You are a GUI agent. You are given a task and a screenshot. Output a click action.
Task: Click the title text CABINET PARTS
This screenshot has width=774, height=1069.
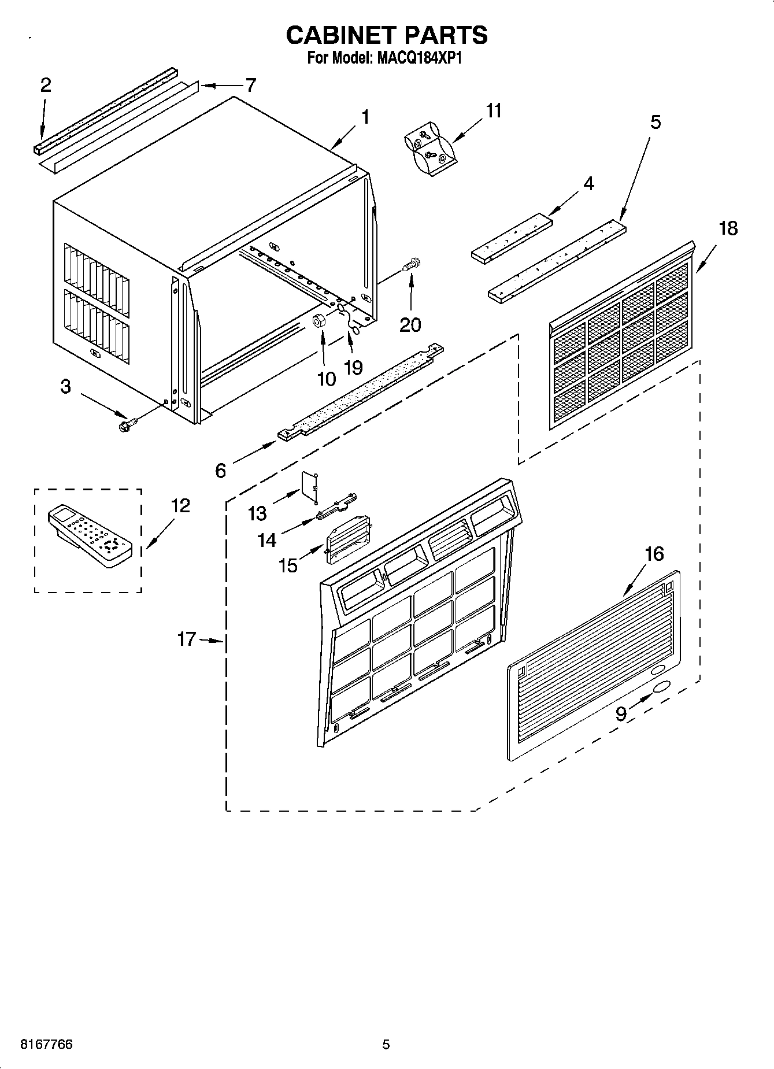point(387,35)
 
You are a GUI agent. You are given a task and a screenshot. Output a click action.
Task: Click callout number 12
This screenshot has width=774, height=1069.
point(180,506)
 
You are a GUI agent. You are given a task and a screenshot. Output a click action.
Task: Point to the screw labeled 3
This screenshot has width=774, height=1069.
point(124,426)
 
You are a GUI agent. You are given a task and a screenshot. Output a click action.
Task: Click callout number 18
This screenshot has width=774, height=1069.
point(728,229)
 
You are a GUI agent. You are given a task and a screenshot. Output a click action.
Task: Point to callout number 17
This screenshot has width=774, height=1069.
point(187,640)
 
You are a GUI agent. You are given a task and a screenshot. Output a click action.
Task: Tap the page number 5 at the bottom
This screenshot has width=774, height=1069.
point(386,1045)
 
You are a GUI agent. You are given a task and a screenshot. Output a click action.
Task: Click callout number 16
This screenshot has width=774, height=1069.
point(654,554)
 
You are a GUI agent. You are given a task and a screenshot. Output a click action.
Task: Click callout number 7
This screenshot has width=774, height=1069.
point(250,86)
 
